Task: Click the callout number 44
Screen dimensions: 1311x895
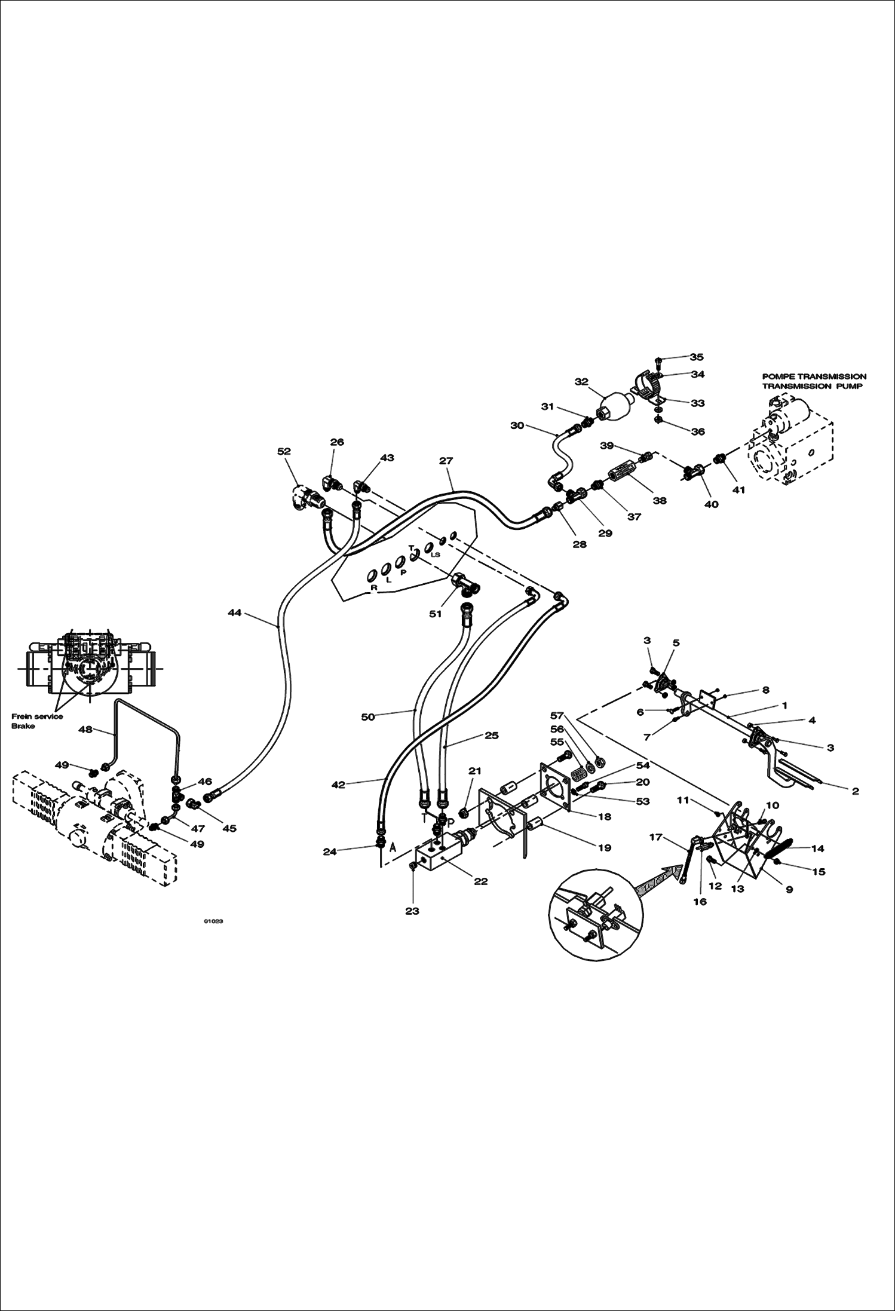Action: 234,612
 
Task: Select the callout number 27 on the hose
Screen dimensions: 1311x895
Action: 446,461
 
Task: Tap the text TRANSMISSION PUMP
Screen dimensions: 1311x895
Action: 812,387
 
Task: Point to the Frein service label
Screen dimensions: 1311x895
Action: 37,716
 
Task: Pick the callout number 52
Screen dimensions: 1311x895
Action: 284,452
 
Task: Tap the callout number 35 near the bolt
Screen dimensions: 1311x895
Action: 697,357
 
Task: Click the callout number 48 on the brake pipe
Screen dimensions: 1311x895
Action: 86,730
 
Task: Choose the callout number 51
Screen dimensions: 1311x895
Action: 436,614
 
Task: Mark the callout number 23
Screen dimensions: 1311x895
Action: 412,911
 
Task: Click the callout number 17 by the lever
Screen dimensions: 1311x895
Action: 656,837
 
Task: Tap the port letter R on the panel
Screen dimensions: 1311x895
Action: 374,588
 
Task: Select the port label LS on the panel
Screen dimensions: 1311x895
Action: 436,555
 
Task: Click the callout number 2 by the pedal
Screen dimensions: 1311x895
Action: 855,791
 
